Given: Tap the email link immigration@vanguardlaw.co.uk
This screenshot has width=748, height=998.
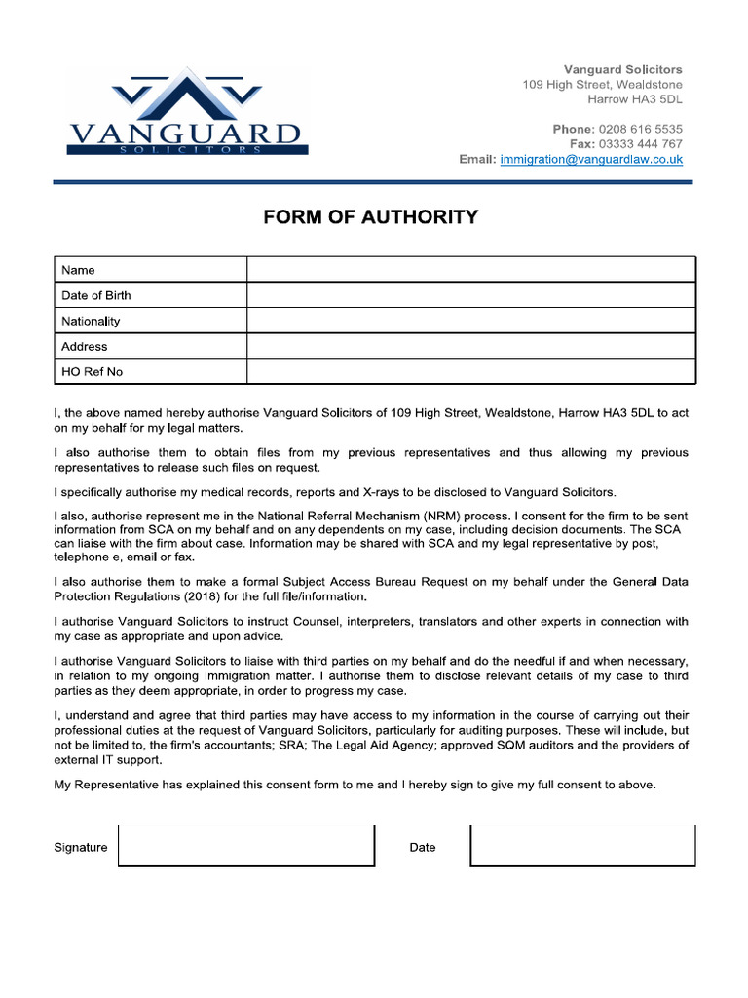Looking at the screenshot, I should tap(591, 159).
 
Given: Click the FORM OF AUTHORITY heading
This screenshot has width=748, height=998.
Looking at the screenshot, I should tap(370, 217).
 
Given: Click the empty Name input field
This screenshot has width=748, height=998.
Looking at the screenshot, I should tap(470, 270).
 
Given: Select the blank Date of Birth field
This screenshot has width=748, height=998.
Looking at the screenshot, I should tap(470, 295).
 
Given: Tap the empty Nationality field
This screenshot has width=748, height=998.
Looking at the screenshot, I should tap(470, 321).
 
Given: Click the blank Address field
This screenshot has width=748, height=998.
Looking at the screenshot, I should tap(470, 346).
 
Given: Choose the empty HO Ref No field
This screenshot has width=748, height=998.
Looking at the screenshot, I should tap(470, 371).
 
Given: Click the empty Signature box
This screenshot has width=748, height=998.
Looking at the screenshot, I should tap(245, 846).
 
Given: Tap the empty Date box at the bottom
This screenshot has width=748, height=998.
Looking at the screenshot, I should tap(582, 846).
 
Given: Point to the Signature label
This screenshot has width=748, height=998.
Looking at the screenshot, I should tap(81, 847).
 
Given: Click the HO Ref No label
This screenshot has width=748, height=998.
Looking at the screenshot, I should tap(92, 372).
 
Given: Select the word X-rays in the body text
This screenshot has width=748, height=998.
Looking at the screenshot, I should tap(362, 492).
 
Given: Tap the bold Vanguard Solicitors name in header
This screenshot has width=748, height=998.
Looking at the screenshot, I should tap(623, 70).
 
